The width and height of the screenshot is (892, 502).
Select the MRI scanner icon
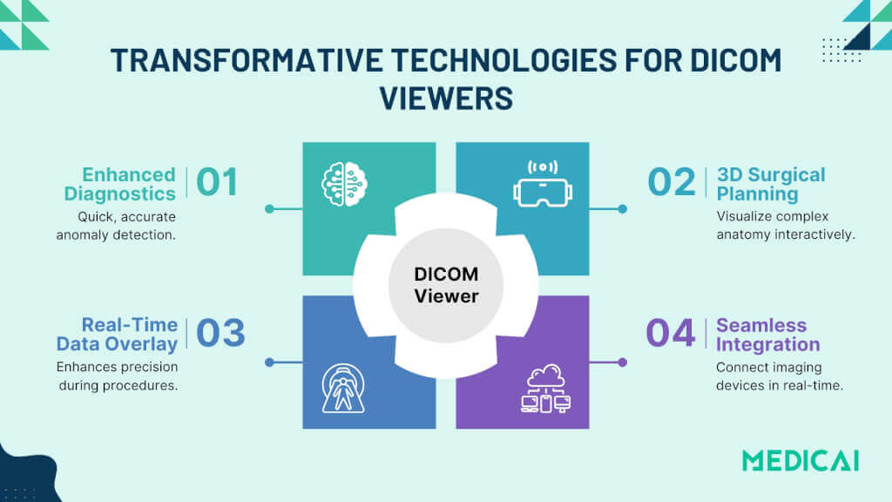pyautogui.click(x=343, y=388)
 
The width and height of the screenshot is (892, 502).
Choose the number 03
pyautogui.click(x=220, y=333)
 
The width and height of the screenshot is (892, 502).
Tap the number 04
pyautogui.click(x=671, y=333)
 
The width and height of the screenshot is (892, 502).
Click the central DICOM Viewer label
pyautogui.click(x=446, y=285)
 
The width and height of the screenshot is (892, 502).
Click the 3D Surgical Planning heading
pyautogui.click(x=770, y=183)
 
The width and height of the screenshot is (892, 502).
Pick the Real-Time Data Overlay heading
pyautogui.click(x=118, y=334)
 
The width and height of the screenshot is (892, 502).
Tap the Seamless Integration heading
pyautogui.click(x=761, y=335)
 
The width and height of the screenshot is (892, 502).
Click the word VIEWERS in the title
pyautogui.click(x=446, y=98)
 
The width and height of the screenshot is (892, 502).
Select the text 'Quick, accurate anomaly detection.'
pyautogui.click(x=116, y=225)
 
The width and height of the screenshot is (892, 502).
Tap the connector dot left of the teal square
pyautogui.click(x=269, y=209)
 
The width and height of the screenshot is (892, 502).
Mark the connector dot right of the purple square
pyautogui.click(x=622, y=362)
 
